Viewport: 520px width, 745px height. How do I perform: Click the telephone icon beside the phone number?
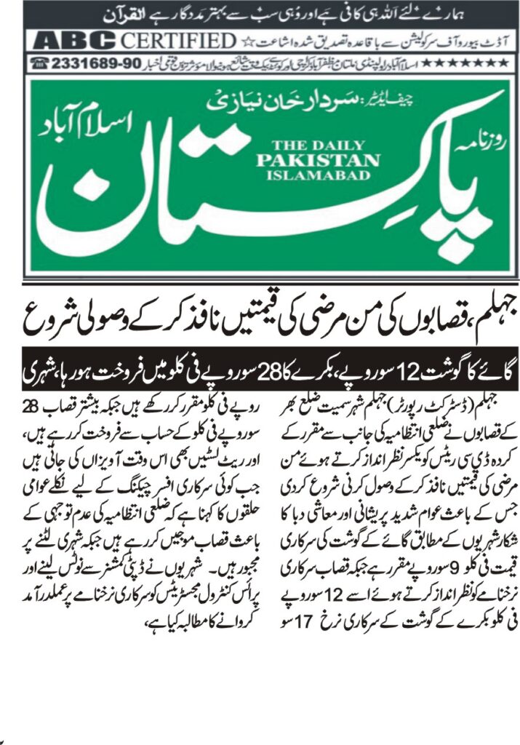pyautogui.click(x=41, y=63)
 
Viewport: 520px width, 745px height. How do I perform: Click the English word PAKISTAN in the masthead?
pyautogui.click(x=317, y=160)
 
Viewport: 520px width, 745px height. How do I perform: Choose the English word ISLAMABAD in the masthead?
pyautogui.click(x=317, y=175)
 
